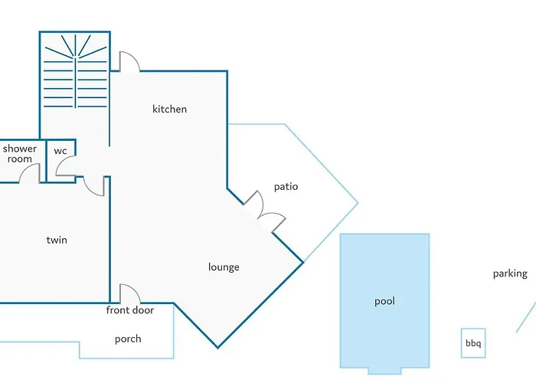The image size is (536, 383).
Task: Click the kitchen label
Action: (x=169, y=109)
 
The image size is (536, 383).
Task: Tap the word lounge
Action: (x=224, y=267)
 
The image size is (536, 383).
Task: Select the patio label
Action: (x=286, y=186)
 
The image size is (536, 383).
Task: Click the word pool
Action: (x=384, y=301)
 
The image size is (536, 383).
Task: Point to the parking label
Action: (x=510, y=273)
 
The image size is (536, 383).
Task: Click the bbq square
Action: (x=473, y=343)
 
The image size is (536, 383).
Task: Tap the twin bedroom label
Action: (x=57, y=240)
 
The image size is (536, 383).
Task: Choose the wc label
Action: (x=60, y=151)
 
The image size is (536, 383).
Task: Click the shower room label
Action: (x=20, y=154)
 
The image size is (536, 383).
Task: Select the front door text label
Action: (x=130, y=310)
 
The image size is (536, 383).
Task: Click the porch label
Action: (x=128, y=339)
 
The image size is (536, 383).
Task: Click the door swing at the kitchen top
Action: (x=129, y=61)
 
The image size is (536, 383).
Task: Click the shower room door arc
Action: (x=29, y=173)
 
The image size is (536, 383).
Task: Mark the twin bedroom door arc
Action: (x=94, y=186)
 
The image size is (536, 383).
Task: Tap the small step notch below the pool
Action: (x=384, y=371)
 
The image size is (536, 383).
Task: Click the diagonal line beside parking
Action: (x=527, y=316)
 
